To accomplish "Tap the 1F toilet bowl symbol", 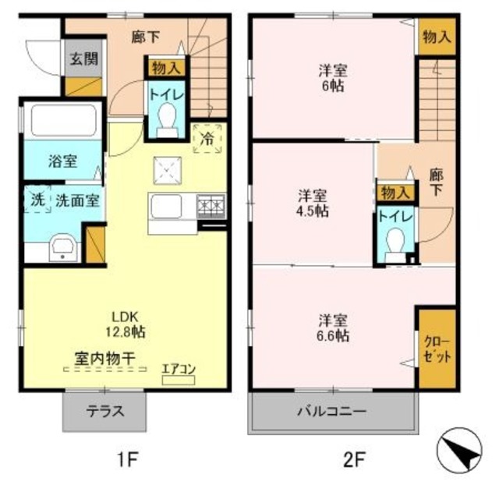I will coord(165,119).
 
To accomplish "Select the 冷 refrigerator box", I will coord(207,138).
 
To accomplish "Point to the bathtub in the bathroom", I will coord(61,120).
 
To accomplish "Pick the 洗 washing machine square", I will coord(36,199).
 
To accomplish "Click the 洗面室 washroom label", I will coord(76,199).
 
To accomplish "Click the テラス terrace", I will coord(104,411).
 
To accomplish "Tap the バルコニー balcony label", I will coord(332,410).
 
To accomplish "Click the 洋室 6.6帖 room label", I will coord(333,327).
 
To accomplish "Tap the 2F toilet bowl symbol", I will coord(396,241).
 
